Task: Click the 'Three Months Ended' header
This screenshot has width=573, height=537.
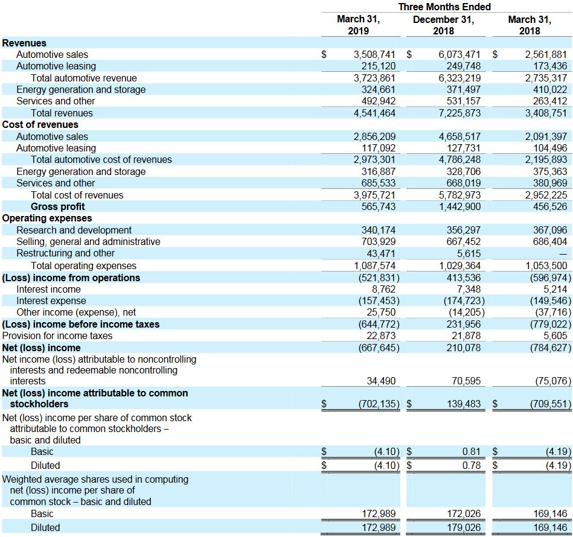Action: point(444,7)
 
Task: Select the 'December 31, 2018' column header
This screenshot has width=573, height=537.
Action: point(443,25)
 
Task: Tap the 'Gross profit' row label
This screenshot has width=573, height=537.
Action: point(58,206)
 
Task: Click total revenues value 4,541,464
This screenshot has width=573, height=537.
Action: point(374,113)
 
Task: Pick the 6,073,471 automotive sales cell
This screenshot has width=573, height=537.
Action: point(459,55)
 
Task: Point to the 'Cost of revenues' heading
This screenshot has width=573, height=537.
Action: point(40,124)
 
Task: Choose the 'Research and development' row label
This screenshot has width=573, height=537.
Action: point(74,230)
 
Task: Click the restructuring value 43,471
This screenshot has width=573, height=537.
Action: point(381,253)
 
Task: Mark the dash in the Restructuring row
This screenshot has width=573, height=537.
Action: point(563,253)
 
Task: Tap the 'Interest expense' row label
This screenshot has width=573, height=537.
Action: point(51,301)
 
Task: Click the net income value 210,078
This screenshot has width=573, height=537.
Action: point(464,348)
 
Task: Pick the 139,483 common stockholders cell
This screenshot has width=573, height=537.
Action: point(464,404)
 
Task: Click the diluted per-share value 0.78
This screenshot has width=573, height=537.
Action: point(472,465)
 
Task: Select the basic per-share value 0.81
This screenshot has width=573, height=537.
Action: point(472,451)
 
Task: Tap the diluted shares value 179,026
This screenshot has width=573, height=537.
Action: point(464,527)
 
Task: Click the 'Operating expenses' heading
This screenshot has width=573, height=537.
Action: point(47,218)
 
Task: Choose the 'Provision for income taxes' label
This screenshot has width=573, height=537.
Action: point(57,336)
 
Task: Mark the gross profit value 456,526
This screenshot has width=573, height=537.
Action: point(550,206)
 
